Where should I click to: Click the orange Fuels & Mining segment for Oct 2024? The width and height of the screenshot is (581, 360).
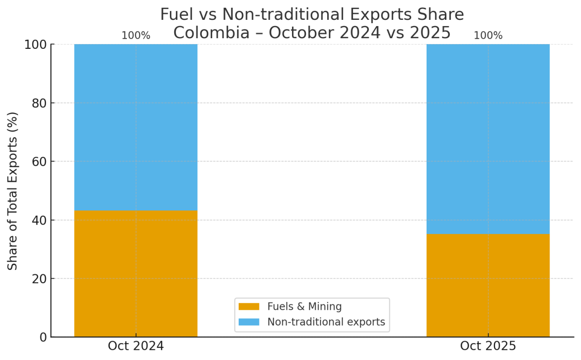pyautogui.click(x=136, y=273)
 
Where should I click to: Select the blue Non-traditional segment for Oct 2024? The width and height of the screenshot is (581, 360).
pyautogui.click(x=136, y=127)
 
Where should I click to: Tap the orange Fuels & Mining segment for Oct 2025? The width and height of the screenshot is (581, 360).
pyautogui.click(x=488, y=285)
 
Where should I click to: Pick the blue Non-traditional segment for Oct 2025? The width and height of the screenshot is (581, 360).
pyautogui.click(x=488, y=139)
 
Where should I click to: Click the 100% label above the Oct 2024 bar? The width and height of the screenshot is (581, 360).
pyautogui.click(x=136, y=36)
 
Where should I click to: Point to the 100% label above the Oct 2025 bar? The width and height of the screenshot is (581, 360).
pyautogui.click(x=488, y=36)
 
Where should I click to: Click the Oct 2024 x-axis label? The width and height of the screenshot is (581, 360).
pyautogui.click(x=136, y=346)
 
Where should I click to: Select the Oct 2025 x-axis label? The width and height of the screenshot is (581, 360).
pyautogui.click(x=488, y=346)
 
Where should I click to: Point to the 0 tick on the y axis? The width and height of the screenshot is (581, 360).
pyautogui.click(x=42, y=337)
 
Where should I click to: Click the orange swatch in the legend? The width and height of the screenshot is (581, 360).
pyautogui.click(x=249, y=307)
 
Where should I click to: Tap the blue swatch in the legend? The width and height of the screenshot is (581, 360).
pyautogui.click(x=249, y=322)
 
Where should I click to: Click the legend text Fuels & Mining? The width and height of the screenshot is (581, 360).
pyautogui.click(x=305, y=307)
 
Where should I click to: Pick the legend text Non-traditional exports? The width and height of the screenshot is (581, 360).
pyautogui.click(x=326, y=322)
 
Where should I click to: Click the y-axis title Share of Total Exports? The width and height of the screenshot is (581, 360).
pyautogui.click(x=13, y=191)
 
